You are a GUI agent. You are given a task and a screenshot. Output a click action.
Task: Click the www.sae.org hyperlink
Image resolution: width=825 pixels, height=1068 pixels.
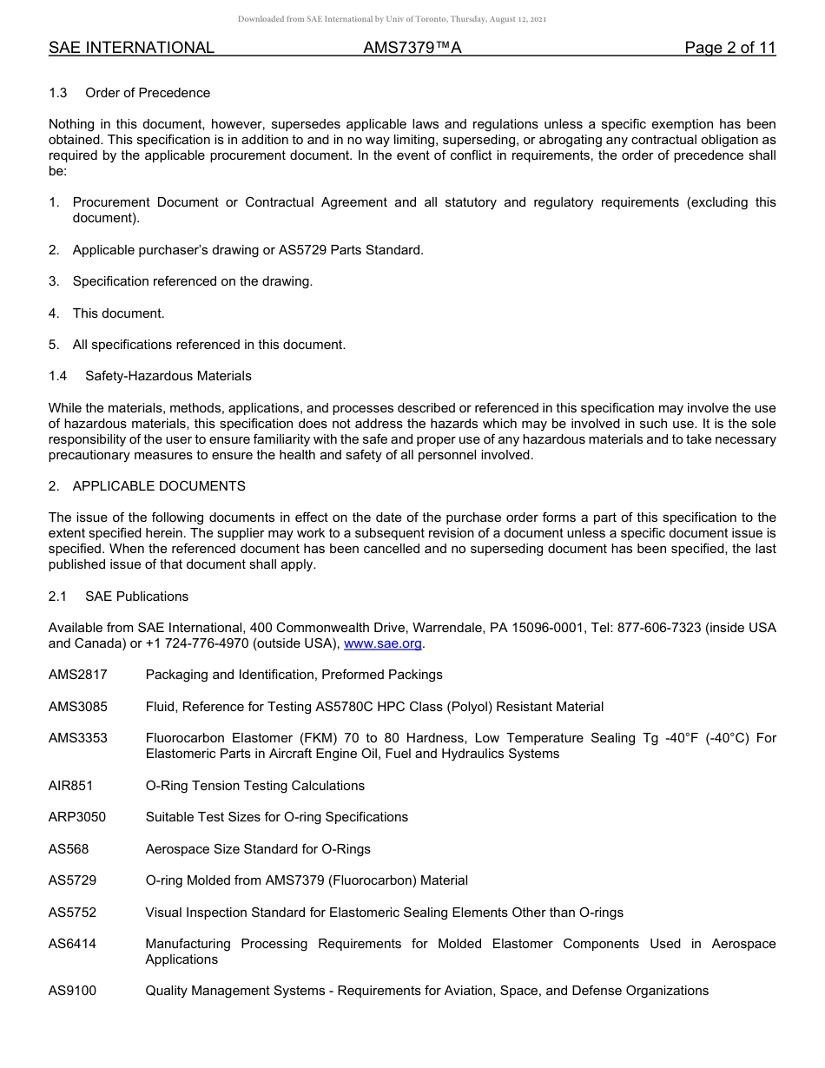point(383,643)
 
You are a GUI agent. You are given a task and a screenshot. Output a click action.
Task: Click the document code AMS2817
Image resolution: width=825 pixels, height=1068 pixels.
point(78,675)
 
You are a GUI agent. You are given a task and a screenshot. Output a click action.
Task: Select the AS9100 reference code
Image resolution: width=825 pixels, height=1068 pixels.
point(72,991)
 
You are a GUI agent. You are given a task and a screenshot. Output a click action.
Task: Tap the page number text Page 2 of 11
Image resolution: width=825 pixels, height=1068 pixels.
point(729,49)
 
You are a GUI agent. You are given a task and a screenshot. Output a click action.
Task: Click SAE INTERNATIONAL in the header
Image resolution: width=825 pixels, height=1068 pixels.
point(131,49)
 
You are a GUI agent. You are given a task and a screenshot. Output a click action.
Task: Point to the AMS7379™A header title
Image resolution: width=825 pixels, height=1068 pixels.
point(412,49)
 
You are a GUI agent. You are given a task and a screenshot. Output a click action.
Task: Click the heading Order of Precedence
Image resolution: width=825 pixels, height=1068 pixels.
point(148,93)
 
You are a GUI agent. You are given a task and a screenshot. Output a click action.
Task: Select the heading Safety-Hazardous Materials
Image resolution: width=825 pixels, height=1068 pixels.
point(168,376)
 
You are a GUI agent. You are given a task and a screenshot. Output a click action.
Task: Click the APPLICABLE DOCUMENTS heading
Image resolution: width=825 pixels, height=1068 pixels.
point(159,486)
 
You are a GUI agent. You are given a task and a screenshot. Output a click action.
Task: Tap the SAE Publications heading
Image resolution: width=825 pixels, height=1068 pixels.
point(136,597)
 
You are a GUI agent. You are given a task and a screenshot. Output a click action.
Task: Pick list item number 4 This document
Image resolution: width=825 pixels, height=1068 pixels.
point(118,313)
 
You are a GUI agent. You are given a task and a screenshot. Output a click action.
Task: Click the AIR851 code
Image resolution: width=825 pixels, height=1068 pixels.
point(70,786)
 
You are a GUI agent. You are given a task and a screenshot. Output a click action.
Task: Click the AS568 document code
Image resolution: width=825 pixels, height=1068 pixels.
point(69,849)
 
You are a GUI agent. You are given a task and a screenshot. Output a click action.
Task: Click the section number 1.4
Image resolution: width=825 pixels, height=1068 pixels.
point(57,376)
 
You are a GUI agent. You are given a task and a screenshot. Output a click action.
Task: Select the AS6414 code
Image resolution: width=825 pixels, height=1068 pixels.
point(72,944)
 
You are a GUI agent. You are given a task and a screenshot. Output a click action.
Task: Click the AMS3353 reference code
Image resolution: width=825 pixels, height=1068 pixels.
point(78,738)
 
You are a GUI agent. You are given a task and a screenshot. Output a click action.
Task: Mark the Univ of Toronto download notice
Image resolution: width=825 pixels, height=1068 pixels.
point(392,19)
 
